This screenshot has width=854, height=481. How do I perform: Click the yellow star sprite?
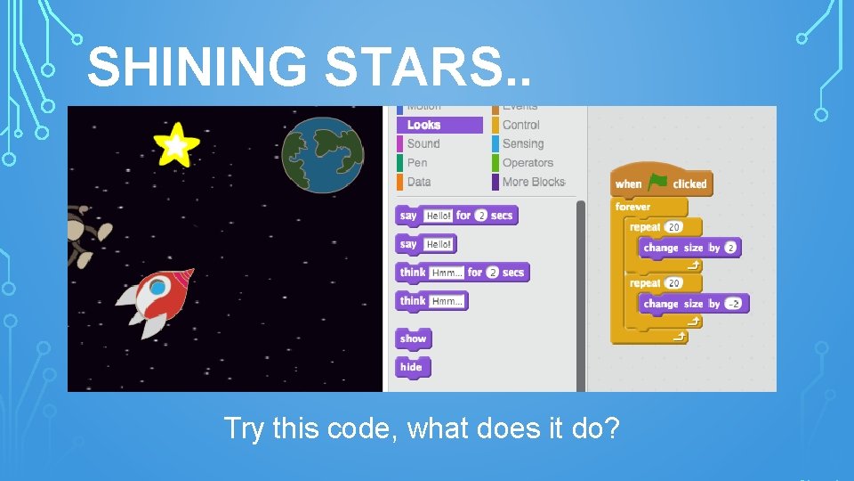(176, 143)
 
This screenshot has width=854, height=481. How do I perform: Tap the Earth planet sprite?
(323, 154)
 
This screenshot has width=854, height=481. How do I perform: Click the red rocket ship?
(157, 298)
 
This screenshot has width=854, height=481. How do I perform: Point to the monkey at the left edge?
(85, 232)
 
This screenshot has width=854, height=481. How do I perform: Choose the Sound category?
(423, 143)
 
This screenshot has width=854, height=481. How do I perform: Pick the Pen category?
(417, 163)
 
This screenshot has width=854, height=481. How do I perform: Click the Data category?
(419, 182)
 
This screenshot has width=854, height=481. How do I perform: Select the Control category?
(520, 125)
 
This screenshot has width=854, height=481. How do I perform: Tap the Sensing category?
(522, 143)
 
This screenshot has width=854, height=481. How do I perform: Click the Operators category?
(528, 163)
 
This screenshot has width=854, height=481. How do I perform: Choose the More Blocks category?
(533, 182)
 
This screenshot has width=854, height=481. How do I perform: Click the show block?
(413, 338)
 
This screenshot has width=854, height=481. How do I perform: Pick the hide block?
(412, 367)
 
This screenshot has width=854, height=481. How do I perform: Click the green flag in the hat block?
(659, 183)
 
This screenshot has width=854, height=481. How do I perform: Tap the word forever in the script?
(632, 207)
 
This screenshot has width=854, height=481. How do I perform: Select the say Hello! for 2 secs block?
(455, 216)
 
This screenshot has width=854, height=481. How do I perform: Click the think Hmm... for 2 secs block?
(462, 273)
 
